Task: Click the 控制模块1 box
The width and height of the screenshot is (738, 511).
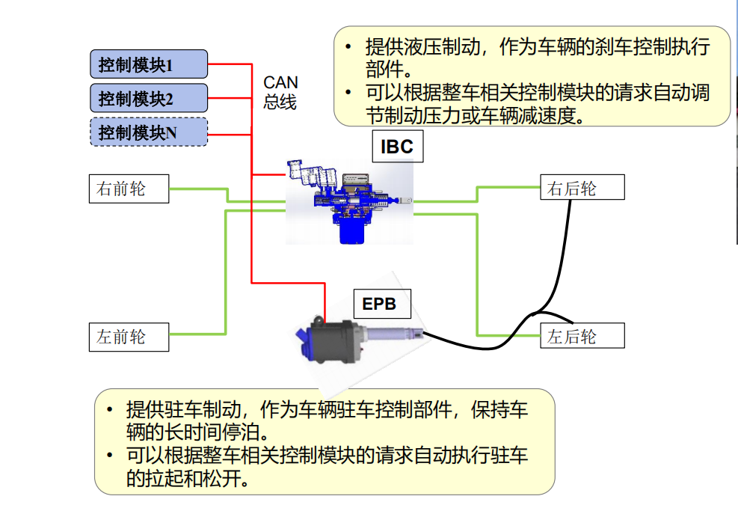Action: [x=148, y=64]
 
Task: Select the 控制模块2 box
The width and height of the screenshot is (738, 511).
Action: [x=148, y=98]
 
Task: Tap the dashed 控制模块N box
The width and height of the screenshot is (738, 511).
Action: [x=148, y=132]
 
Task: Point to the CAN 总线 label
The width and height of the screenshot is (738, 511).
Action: [x=280, y=92]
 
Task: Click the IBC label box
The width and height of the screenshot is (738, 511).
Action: [x=396, y=147]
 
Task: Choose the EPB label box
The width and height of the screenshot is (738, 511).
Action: [x=379, y=304]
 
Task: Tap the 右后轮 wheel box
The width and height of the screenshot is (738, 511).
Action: [x=582, y=188]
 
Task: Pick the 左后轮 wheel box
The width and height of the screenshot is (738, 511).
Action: [x=582, y=336]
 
